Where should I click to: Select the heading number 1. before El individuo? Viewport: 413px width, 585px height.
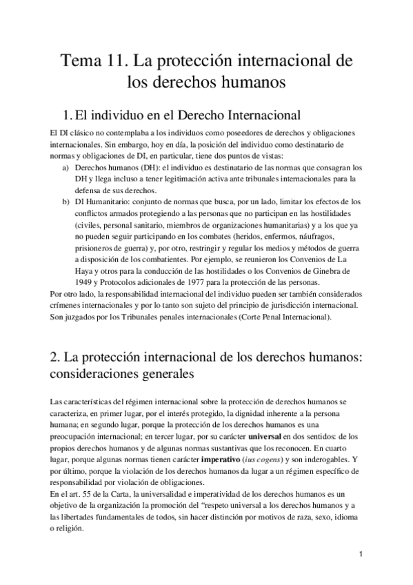67,114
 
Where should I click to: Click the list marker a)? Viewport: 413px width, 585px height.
66,168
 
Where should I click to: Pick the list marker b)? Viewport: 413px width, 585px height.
66,201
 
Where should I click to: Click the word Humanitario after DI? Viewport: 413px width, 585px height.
108,201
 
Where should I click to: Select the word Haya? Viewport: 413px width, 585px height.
86,271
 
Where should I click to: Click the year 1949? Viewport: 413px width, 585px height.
85,283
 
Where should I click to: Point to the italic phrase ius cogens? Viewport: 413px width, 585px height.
259,459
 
